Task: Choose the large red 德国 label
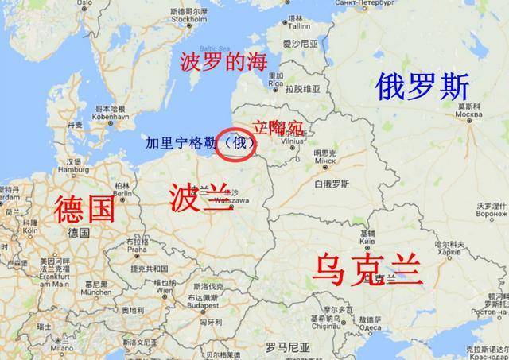pyautogui.click(x=84, y=208)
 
